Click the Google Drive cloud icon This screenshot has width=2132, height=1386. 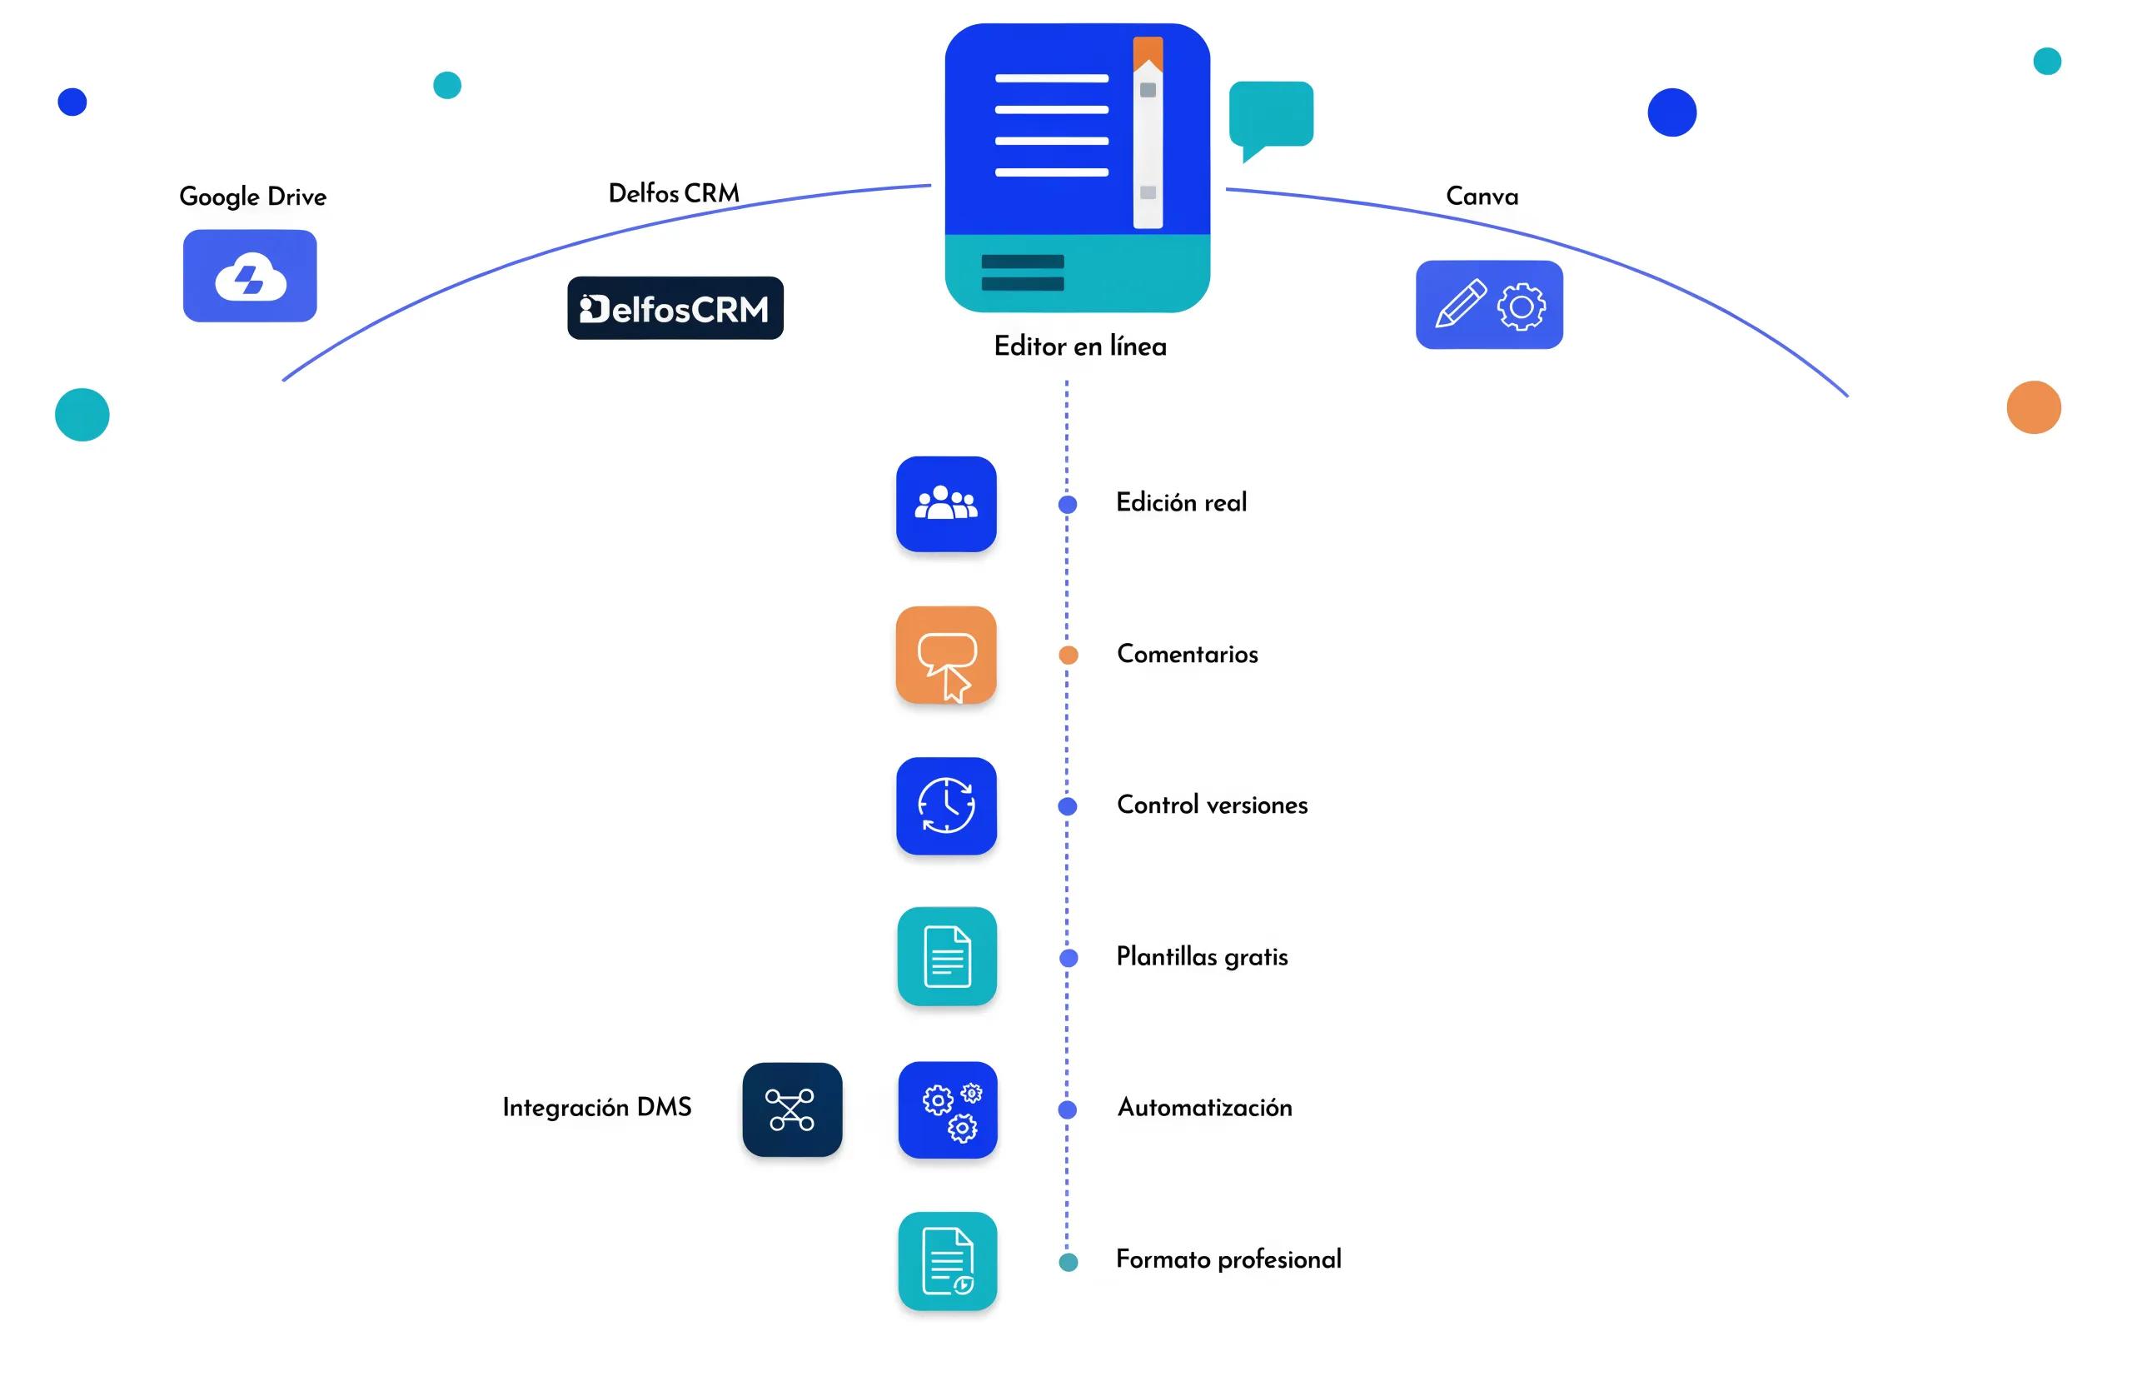pos(250,275)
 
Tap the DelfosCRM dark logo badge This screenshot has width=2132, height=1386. pos(675,307)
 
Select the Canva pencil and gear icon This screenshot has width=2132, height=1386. pos(1489,305)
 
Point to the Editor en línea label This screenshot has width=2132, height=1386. pos(1080,346)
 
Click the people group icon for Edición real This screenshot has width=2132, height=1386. pos(946,504)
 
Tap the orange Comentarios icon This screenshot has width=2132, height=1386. pos(946,655)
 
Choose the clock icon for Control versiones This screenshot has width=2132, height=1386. pos(946,805)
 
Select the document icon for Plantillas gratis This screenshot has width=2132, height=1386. pos(947,956)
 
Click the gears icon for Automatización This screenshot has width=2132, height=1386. pos(948,1109)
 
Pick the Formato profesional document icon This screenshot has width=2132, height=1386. pos(948,1260)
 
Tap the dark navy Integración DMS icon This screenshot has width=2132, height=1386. pos(792,1109)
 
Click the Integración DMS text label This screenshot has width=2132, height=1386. pos(596,1107)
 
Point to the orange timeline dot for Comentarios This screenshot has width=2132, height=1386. pos(1068,655)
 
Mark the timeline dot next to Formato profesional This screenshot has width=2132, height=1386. pos(1068,1263)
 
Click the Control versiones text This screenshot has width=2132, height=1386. pos(1212,805)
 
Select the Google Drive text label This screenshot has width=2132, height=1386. pos(252,197)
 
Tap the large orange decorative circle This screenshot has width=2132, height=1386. pos(2034,406)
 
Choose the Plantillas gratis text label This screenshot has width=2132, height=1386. pos(1202,957)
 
